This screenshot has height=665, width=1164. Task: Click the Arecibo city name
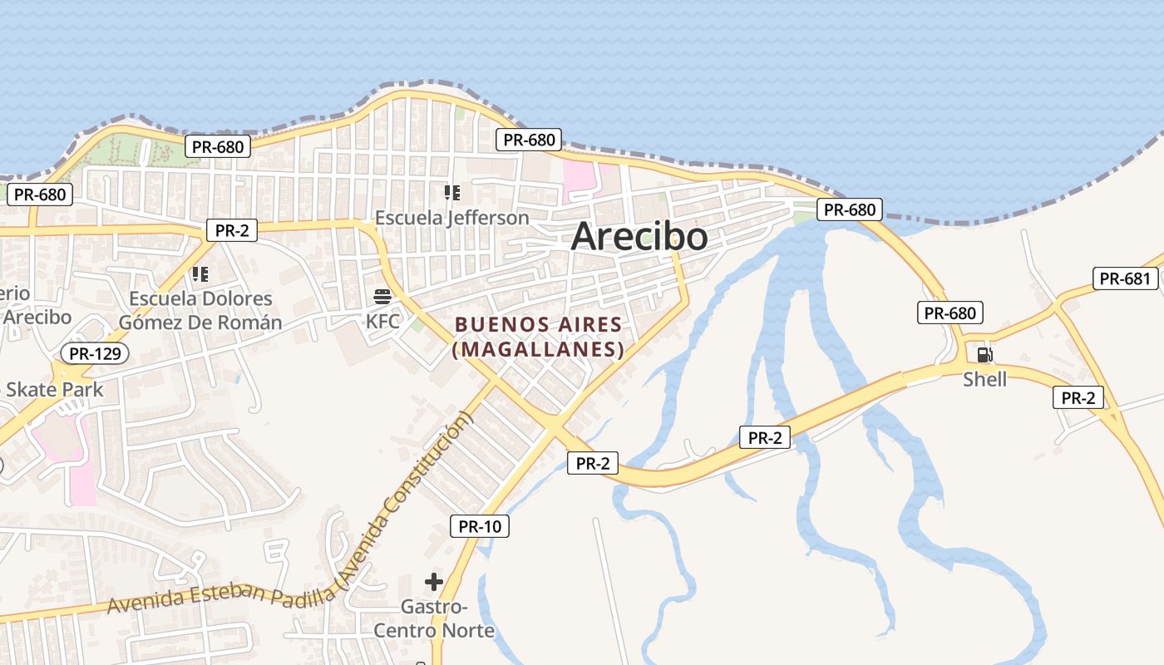639,237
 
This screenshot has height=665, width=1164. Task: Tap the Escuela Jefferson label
451,218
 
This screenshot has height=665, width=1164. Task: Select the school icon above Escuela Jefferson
451,193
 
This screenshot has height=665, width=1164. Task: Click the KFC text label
382,321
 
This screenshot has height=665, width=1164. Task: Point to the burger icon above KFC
382,297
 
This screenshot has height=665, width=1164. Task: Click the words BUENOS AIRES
538,324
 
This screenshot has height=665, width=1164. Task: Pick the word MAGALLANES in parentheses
538,349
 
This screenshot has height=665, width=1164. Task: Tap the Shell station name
984,380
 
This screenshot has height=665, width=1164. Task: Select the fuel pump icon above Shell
984,355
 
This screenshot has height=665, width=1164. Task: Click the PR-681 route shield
1125,278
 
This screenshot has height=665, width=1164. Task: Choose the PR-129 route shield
95,354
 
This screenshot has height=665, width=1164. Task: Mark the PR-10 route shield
480,526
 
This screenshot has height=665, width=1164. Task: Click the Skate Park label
55,389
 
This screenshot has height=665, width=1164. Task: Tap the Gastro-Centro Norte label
433,618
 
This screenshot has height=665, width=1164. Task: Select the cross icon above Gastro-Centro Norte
433,582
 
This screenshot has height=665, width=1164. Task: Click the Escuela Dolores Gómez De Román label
200,310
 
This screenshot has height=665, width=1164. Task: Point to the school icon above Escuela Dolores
200,273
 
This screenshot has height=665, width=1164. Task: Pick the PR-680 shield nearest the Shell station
950,313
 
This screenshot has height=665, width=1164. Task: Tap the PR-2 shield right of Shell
1078,397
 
